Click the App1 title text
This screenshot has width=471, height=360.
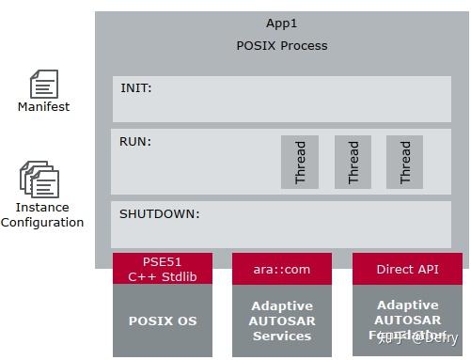pos(281,23)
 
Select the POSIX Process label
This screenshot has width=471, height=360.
pos(281,45)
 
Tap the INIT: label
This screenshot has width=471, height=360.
pos(136,88)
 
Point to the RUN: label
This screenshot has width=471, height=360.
pos(135,142)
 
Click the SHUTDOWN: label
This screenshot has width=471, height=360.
pos(160,213)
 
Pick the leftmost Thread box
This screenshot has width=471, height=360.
pos(300,162)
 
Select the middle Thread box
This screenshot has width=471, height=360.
pos(353,162)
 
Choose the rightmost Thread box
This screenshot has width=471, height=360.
pos(405,162)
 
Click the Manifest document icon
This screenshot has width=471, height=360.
pos(43,85)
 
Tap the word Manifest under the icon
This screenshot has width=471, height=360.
pos(43,107)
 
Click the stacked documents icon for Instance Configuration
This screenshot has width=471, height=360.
pos(39,179)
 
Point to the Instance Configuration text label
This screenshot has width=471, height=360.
pos(42,214)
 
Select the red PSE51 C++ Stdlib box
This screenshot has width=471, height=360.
pos(163,268)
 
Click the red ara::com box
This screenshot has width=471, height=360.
pos(281,269)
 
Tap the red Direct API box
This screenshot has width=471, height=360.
pos(407,269)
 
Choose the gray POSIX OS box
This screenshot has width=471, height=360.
pos(163,321)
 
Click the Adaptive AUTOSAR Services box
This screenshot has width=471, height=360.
pos(281,321)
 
